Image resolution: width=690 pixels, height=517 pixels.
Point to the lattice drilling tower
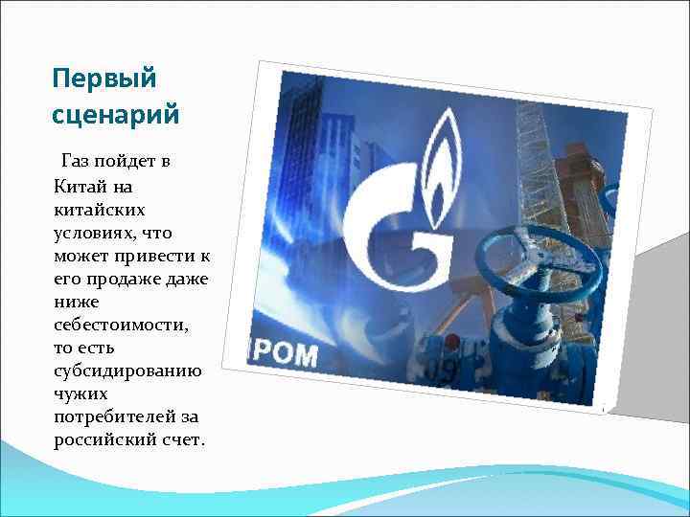pos(532,163)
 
